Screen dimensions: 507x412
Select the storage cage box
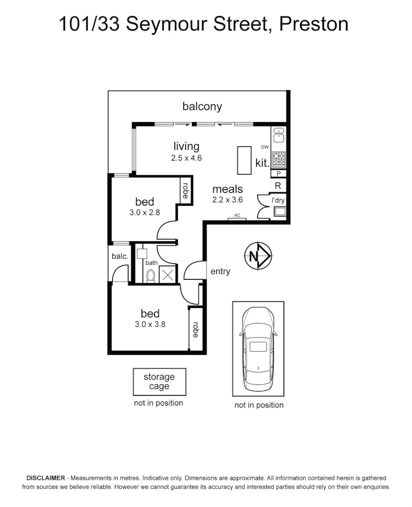pos(159,381)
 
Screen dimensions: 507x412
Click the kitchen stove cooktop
pos(278,159)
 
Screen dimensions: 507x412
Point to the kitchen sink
pos(278,135)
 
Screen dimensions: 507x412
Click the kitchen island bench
pos(244,161)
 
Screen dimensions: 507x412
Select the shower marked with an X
pos(168,274)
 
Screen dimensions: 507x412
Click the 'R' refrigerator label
pos(278,186)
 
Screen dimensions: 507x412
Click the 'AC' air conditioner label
pos(237,215)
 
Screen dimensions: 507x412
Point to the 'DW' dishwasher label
pos(265,147)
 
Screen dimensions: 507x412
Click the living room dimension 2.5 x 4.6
pos(186,158)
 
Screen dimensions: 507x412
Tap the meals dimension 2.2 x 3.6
pos(228,200)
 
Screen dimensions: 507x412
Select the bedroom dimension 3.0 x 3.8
pos(150,324)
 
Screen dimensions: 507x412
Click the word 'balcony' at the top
pos(202,107)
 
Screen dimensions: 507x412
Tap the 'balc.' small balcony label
pos(120,256)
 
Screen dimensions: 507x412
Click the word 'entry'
pos(220,271)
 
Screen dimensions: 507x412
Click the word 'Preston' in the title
pos(313,24)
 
